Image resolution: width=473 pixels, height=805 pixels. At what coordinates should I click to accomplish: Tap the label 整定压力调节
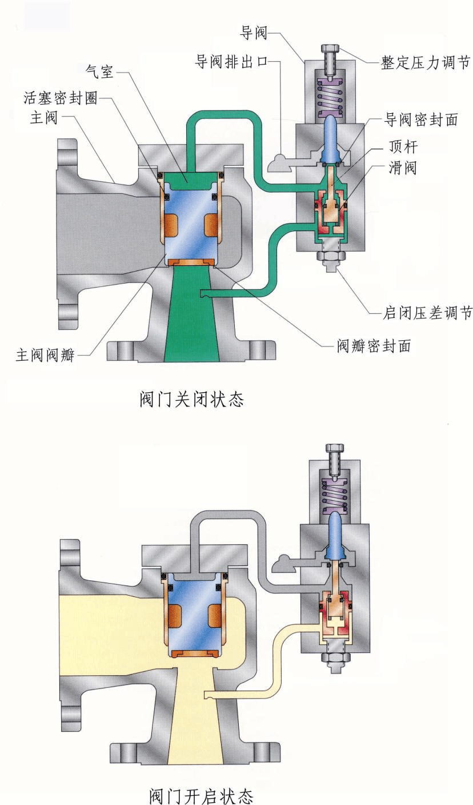[x=426, y=62]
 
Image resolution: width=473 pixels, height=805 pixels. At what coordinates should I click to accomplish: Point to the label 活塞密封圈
[x=60, y=98]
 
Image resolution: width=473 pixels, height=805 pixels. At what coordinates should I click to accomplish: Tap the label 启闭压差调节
[x=427, y=313]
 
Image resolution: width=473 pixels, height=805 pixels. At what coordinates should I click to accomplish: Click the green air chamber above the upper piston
[x=192, y=180]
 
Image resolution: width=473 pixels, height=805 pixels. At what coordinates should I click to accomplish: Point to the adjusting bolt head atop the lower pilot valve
[x=332, y=448]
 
